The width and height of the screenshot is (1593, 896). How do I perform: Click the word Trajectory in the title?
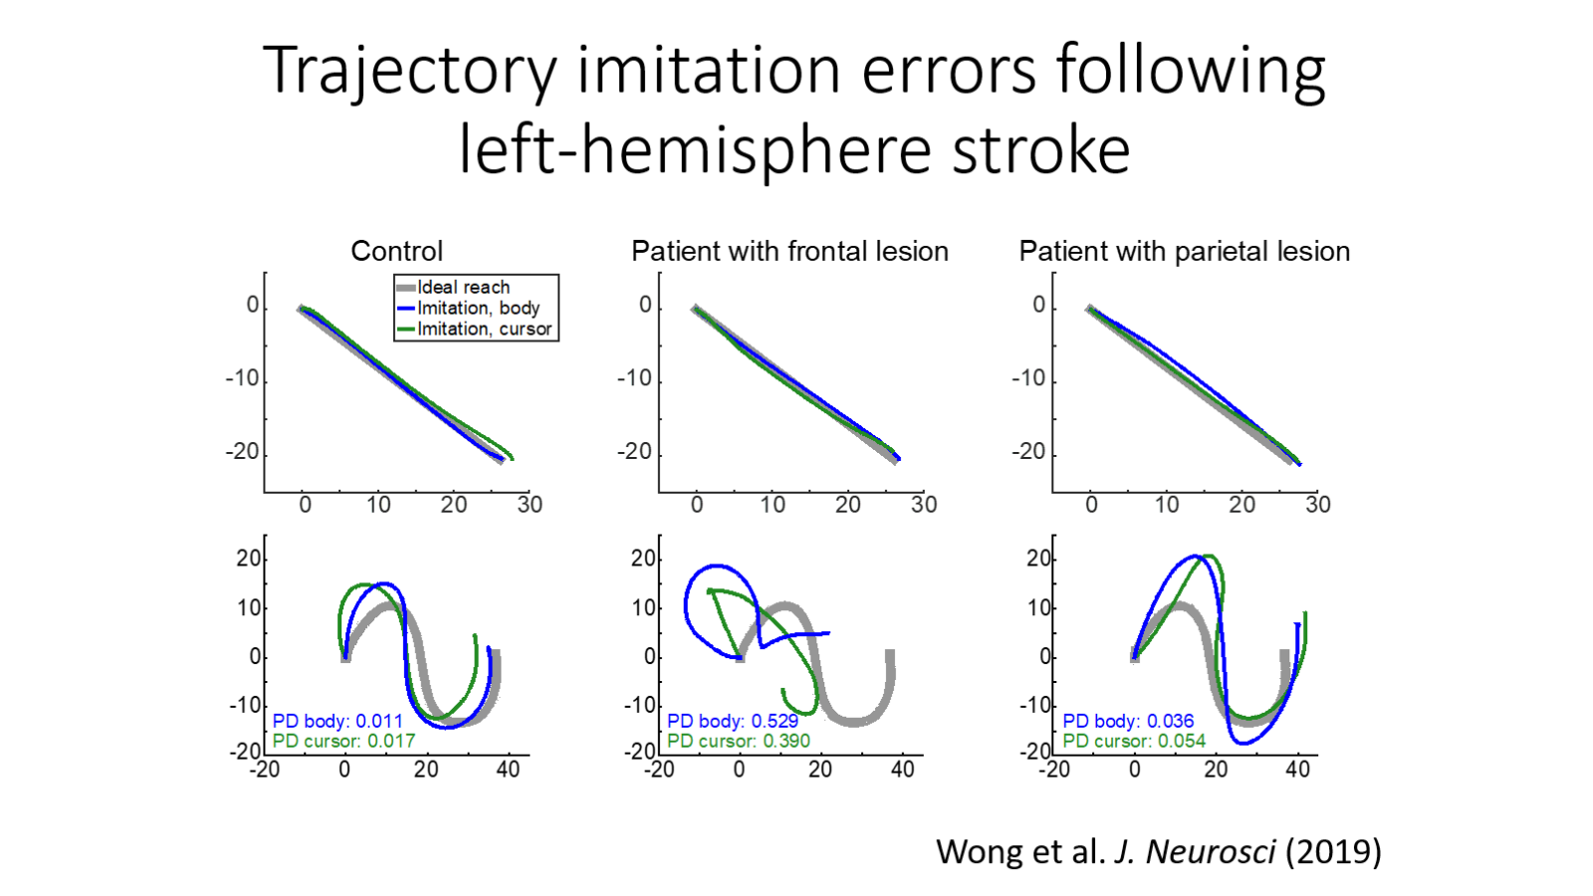click(409, 72)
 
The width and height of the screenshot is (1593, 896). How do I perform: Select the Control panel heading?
click(396, 251)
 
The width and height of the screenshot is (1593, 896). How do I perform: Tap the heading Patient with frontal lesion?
click(790, 251)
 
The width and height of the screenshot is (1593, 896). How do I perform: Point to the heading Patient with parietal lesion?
click(1184, 251)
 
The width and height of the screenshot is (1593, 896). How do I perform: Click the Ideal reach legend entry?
click(463, 288)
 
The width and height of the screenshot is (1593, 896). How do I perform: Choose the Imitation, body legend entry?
click(478, 309)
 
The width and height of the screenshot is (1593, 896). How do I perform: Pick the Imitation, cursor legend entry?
click(484, 330)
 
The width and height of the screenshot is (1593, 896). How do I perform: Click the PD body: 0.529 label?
click(733, 721)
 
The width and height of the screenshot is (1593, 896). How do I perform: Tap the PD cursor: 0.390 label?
click(738, 741)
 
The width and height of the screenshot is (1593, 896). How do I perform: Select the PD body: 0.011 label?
click(338, 721)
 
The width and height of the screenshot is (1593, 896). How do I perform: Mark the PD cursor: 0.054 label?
click(1133, 741)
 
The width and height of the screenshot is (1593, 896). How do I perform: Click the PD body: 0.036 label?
click(1128, 721)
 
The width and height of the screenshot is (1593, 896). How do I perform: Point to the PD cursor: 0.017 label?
click(343, 741)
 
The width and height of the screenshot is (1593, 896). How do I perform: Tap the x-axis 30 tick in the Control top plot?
click(530, 505)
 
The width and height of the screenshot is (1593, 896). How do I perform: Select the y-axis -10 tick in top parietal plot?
click(1028, 379)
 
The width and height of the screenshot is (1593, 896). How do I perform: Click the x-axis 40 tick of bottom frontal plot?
click(902, 770)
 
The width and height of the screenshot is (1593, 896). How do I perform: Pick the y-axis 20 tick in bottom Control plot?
click(249, 559)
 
